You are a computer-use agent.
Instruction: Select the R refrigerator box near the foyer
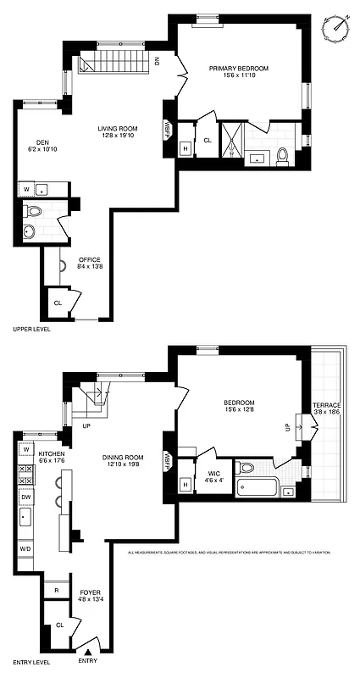(56, 589)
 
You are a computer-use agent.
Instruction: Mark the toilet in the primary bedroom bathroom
(284, 155)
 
